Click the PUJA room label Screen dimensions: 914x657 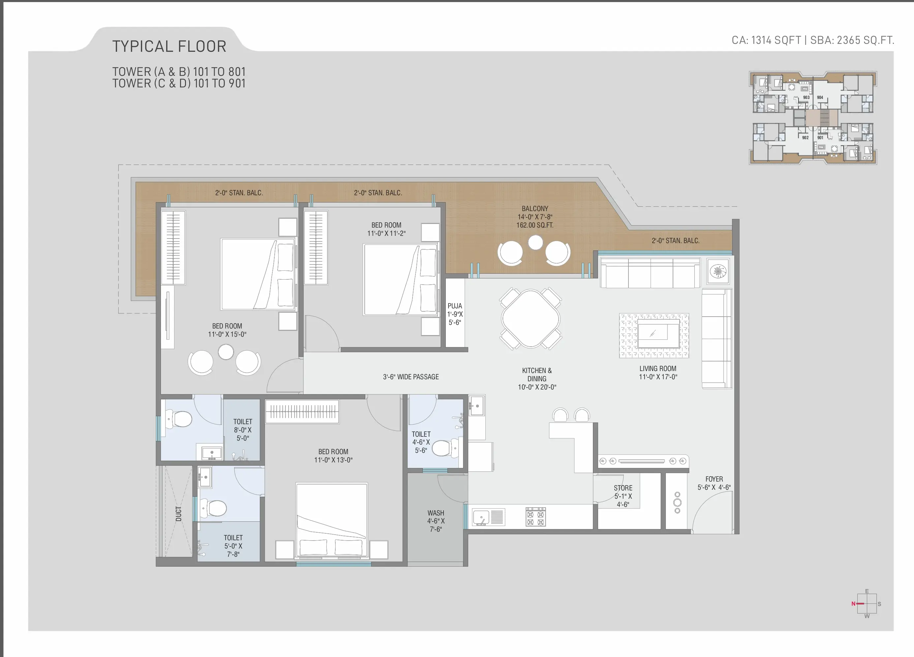click(x=455, y=306)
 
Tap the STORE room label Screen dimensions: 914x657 click(x=623, y=488)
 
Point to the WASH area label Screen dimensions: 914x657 click(x=436, y=513)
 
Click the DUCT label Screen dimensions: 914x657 click(x=178, y=514)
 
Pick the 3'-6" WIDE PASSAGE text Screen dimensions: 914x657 click(x=411, y=377)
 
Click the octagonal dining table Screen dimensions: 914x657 click(x=531, y=318)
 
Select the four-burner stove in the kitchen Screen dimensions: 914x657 click(x=535, y=517)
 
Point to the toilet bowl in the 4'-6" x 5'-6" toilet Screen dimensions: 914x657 click(x=445, y=448)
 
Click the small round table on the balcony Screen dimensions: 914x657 click(x=535, y=242)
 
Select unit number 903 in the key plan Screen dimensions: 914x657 click(x=806, y=98)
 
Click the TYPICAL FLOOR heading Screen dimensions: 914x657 click(x=169, y=47)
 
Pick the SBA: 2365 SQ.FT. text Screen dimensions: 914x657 click(x=852, y=40)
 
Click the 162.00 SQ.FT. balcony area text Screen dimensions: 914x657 click(x=535, y=225)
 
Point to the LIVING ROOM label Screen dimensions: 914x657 click(x=658, y=368)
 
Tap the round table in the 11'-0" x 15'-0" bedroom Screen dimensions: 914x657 click(x=226, y=352)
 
